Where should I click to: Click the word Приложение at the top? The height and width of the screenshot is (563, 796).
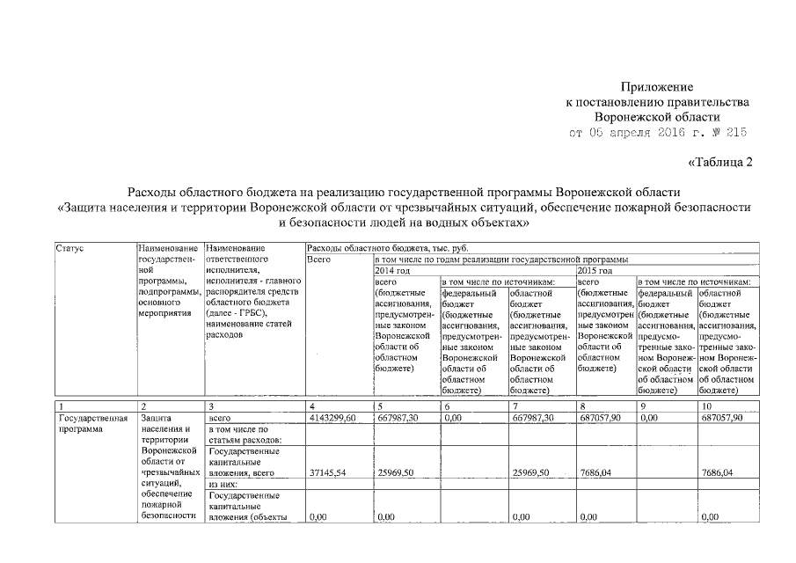(x=658, y=88)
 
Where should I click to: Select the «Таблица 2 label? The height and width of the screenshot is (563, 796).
(x=719, y=162)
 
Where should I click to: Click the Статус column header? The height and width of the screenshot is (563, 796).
(x=69, y=250)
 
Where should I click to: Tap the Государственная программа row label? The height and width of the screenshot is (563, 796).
(x=88, y=424)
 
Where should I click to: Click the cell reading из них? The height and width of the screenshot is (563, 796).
(x=220, y=484)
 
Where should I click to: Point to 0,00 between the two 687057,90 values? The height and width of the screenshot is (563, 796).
(x=650, y=419)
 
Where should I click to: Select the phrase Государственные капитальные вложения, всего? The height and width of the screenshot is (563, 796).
(x=239, y=462)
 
